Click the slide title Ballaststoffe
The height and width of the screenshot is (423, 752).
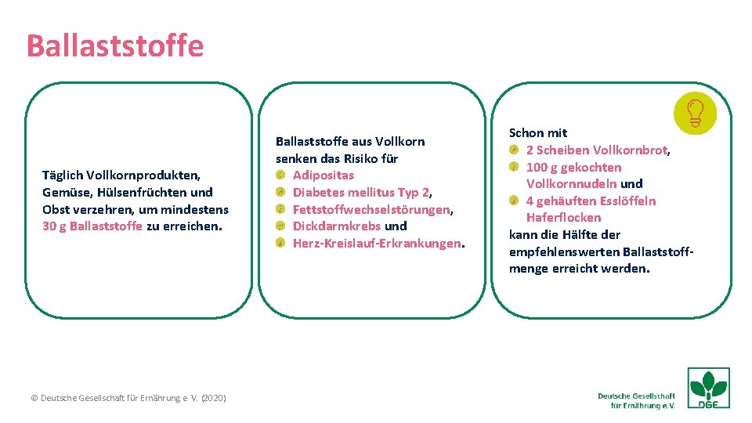(x=114, y=45)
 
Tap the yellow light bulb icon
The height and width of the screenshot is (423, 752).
(x=694, y=113)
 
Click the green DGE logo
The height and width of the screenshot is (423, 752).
(x=708, y=388)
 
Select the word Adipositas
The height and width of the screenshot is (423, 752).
(x=323, y=175)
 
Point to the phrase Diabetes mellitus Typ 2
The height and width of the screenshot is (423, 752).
(x=361, y=192)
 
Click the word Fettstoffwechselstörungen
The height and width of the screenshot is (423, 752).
(x=371, y=209)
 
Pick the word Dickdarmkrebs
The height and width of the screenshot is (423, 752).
(x=336, y=226)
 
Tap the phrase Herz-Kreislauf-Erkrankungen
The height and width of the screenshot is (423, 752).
(x=376, y=244)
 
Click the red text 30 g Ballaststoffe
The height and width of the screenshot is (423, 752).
(x=92, y=226)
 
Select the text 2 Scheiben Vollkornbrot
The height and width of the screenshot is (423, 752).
(x=595, y=150)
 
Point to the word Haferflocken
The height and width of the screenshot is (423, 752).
(x=563, y=218)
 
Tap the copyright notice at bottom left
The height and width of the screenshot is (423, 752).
(x=128, y=398)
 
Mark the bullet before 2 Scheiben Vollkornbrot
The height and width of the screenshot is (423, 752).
(x=514, y=150)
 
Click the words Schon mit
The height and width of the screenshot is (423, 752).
(x=538, y=133)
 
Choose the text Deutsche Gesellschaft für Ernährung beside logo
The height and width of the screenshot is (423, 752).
(x=636, y=400)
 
